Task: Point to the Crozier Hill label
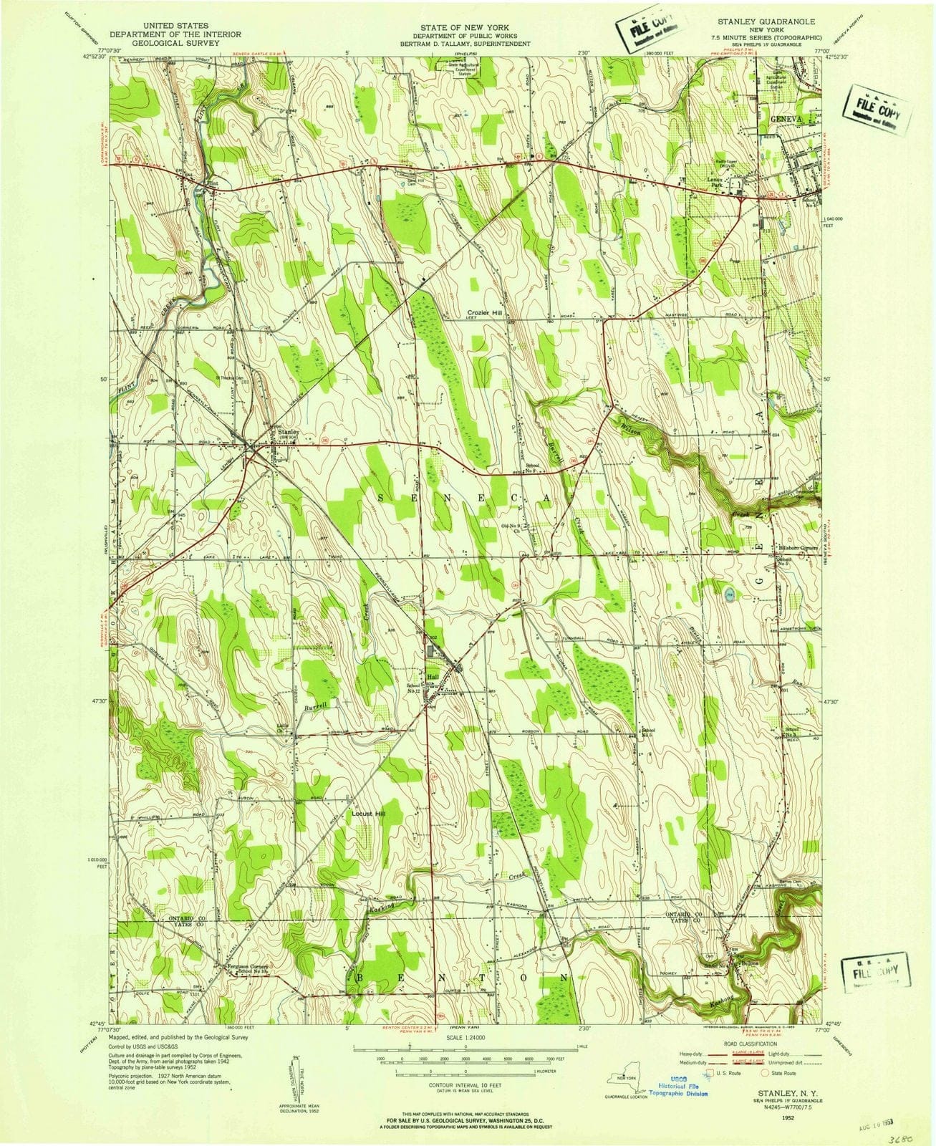click(486, 313)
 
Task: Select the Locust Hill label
click(370, 814)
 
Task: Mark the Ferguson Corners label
click(247, 966)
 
